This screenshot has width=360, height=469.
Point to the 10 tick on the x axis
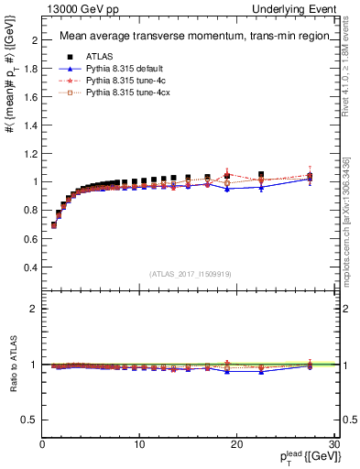[139, 444]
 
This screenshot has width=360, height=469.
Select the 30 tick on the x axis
[333, 444]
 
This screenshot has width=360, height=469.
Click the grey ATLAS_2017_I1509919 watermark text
[190, 272]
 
